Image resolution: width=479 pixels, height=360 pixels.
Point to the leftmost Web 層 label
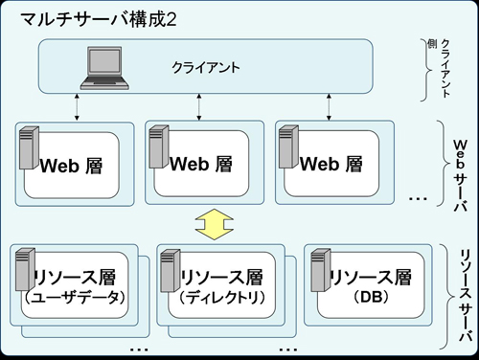tap(71, 165)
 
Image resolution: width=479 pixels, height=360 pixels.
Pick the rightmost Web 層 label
tap(331, 164)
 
